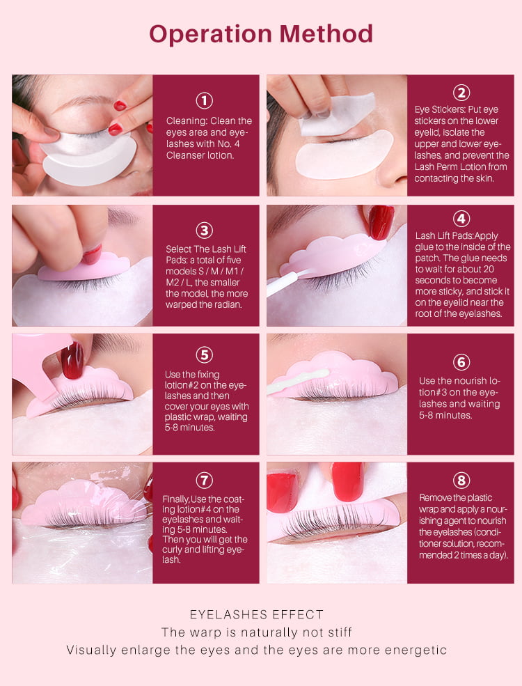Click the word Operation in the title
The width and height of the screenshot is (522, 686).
(211, 35)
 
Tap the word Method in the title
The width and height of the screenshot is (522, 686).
(326, 33)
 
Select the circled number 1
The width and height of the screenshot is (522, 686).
(204, 100)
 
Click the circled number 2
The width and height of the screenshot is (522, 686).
(461, 93)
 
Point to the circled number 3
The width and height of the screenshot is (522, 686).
(204, 231)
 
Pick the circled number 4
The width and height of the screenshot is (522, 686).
(461, 219)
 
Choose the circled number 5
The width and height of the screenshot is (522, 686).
(204, 354)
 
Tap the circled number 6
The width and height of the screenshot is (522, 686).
(461, 362)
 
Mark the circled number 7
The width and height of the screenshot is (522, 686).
(204, 480)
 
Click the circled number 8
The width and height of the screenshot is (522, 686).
(461, 480)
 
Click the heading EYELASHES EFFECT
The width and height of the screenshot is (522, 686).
(257, 615)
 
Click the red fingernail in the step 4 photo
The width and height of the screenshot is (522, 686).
(381, 222)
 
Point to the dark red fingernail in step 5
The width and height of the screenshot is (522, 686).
(72, 359)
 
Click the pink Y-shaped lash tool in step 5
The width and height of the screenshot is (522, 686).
(40, 363)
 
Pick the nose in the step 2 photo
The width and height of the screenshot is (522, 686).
(391, 169)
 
